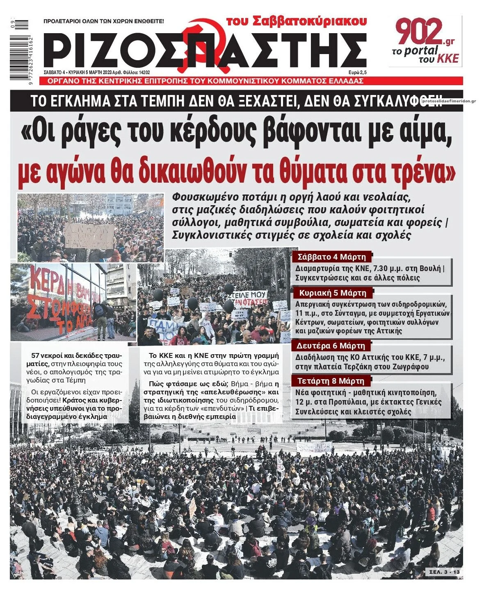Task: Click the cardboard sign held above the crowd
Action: (x=90, y=235)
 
